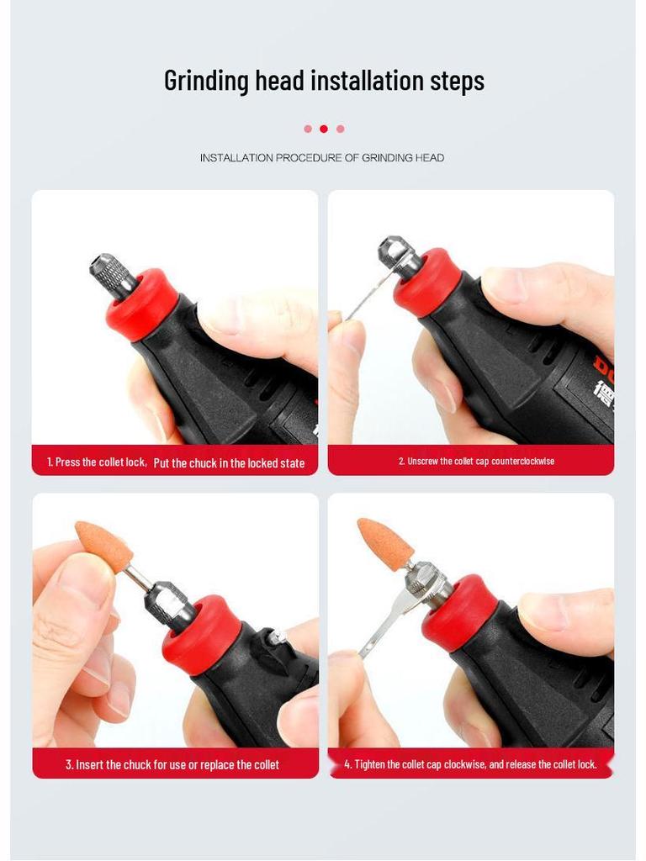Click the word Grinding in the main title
(x=207, y=81)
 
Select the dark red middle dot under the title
(x=324, y=129)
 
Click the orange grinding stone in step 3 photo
(x=102, y=544)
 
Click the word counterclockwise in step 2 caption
(x=523, y=462)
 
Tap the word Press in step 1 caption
(x=67, y=462)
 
